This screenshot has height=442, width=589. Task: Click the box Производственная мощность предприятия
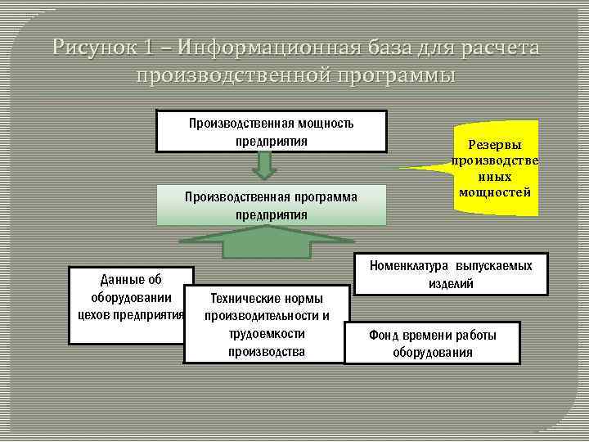[x=271, y=132]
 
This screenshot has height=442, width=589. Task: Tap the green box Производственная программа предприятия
[x=271, y=205]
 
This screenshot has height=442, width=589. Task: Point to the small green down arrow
[x=262, y=166]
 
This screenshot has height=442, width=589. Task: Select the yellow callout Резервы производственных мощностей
[x=494, y=168]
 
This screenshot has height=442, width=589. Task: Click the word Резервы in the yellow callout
[x=494, y=143]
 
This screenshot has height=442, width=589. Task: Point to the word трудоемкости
[x=267, y=334]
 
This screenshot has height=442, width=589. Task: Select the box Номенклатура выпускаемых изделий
[x=450, y=274]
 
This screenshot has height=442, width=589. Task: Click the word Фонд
[x=383, y=335]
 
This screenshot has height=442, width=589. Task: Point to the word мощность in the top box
[x=318, y=123]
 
